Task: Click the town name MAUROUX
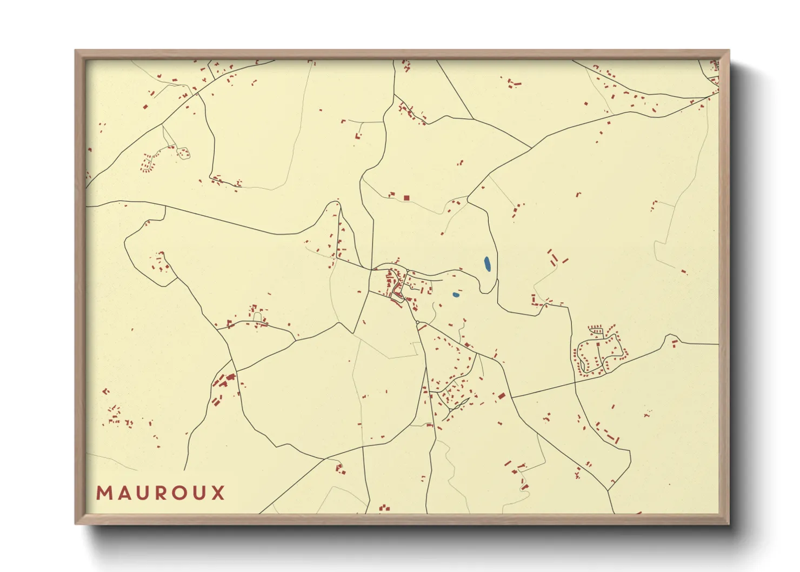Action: pyautogui.click(x=161, y=493)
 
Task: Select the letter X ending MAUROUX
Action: pyautogui.click(x=218, y=493)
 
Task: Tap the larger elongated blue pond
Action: pyautogui.click(x=487, y=264)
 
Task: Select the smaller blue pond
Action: pyautogui.click(x=456, y=295)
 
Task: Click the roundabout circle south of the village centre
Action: pyautogui.click(x=418, y=323)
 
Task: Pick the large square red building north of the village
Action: pyautogui.click(x=406, y=198)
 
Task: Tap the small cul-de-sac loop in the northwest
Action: pyautogui.click(x=183, y=153)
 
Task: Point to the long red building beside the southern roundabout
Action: pyautogui.click(x=422, y=327)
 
